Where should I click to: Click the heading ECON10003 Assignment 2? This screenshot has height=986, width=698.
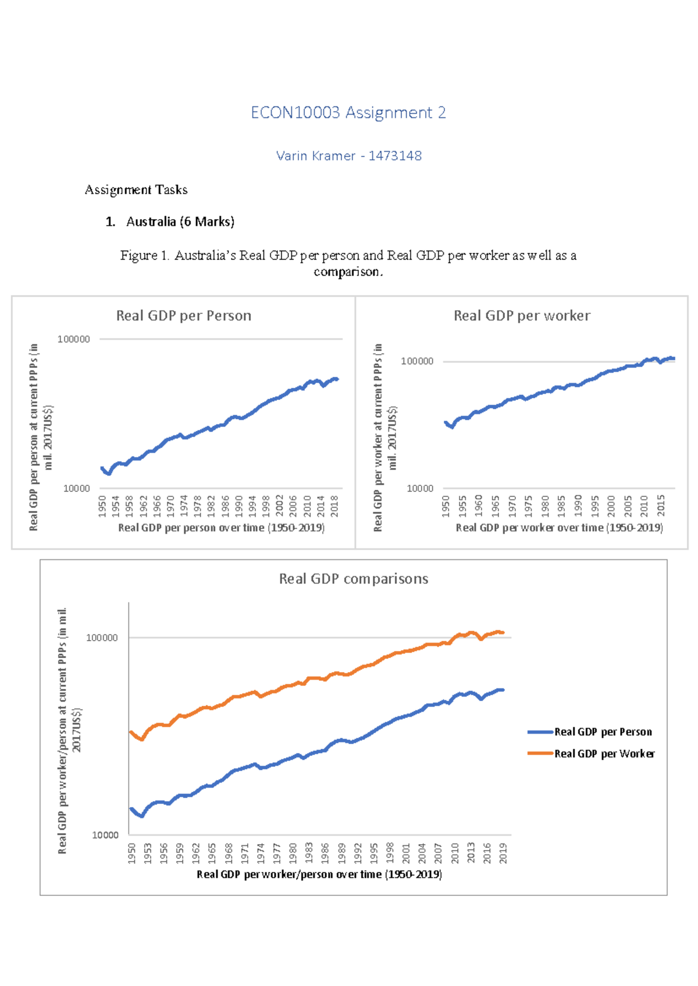point(348,112)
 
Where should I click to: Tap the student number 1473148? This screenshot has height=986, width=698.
point(395,156)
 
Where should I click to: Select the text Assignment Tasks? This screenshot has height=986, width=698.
point(136,190)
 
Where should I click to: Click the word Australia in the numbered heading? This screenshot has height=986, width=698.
point(151,222)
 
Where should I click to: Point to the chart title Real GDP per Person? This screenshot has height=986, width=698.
point(183,316)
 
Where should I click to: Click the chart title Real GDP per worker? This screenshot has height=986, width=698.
point(522,316)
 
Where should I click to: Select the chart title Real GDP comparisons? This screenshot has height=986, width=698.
point(353,578)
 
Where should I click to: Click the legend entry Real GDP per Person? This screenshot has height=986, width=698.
point(603,732)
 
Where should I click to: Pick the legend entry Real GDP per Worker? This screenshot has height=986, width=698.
point(604,753)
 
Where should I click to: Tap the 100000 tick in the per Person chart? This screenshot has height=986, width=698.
point(74,339)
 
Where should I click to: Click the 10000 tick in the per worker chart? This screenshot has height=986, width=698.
point(419,488)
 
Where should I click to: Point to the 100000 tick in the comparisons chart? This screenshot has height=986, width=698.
point(102,638)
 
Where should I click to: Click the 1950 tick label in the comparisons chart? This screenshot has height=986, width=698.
point(132,853)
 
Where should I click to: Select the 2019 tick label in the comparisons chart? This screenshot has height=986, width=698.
point(503,853)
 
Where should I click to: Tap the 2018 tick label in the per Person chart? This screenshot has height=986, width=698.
point(334,506)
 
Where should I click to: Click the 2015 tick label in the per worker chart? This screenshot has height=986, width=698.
point(661,506)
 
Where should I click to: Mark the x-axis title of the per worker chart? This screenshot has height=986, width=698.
point(559,527)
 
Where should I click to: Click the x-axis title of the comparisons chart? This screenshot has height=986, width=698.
point(319,874)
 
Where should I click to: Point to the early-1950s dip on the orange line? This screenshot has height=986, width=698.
point(142,739)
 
